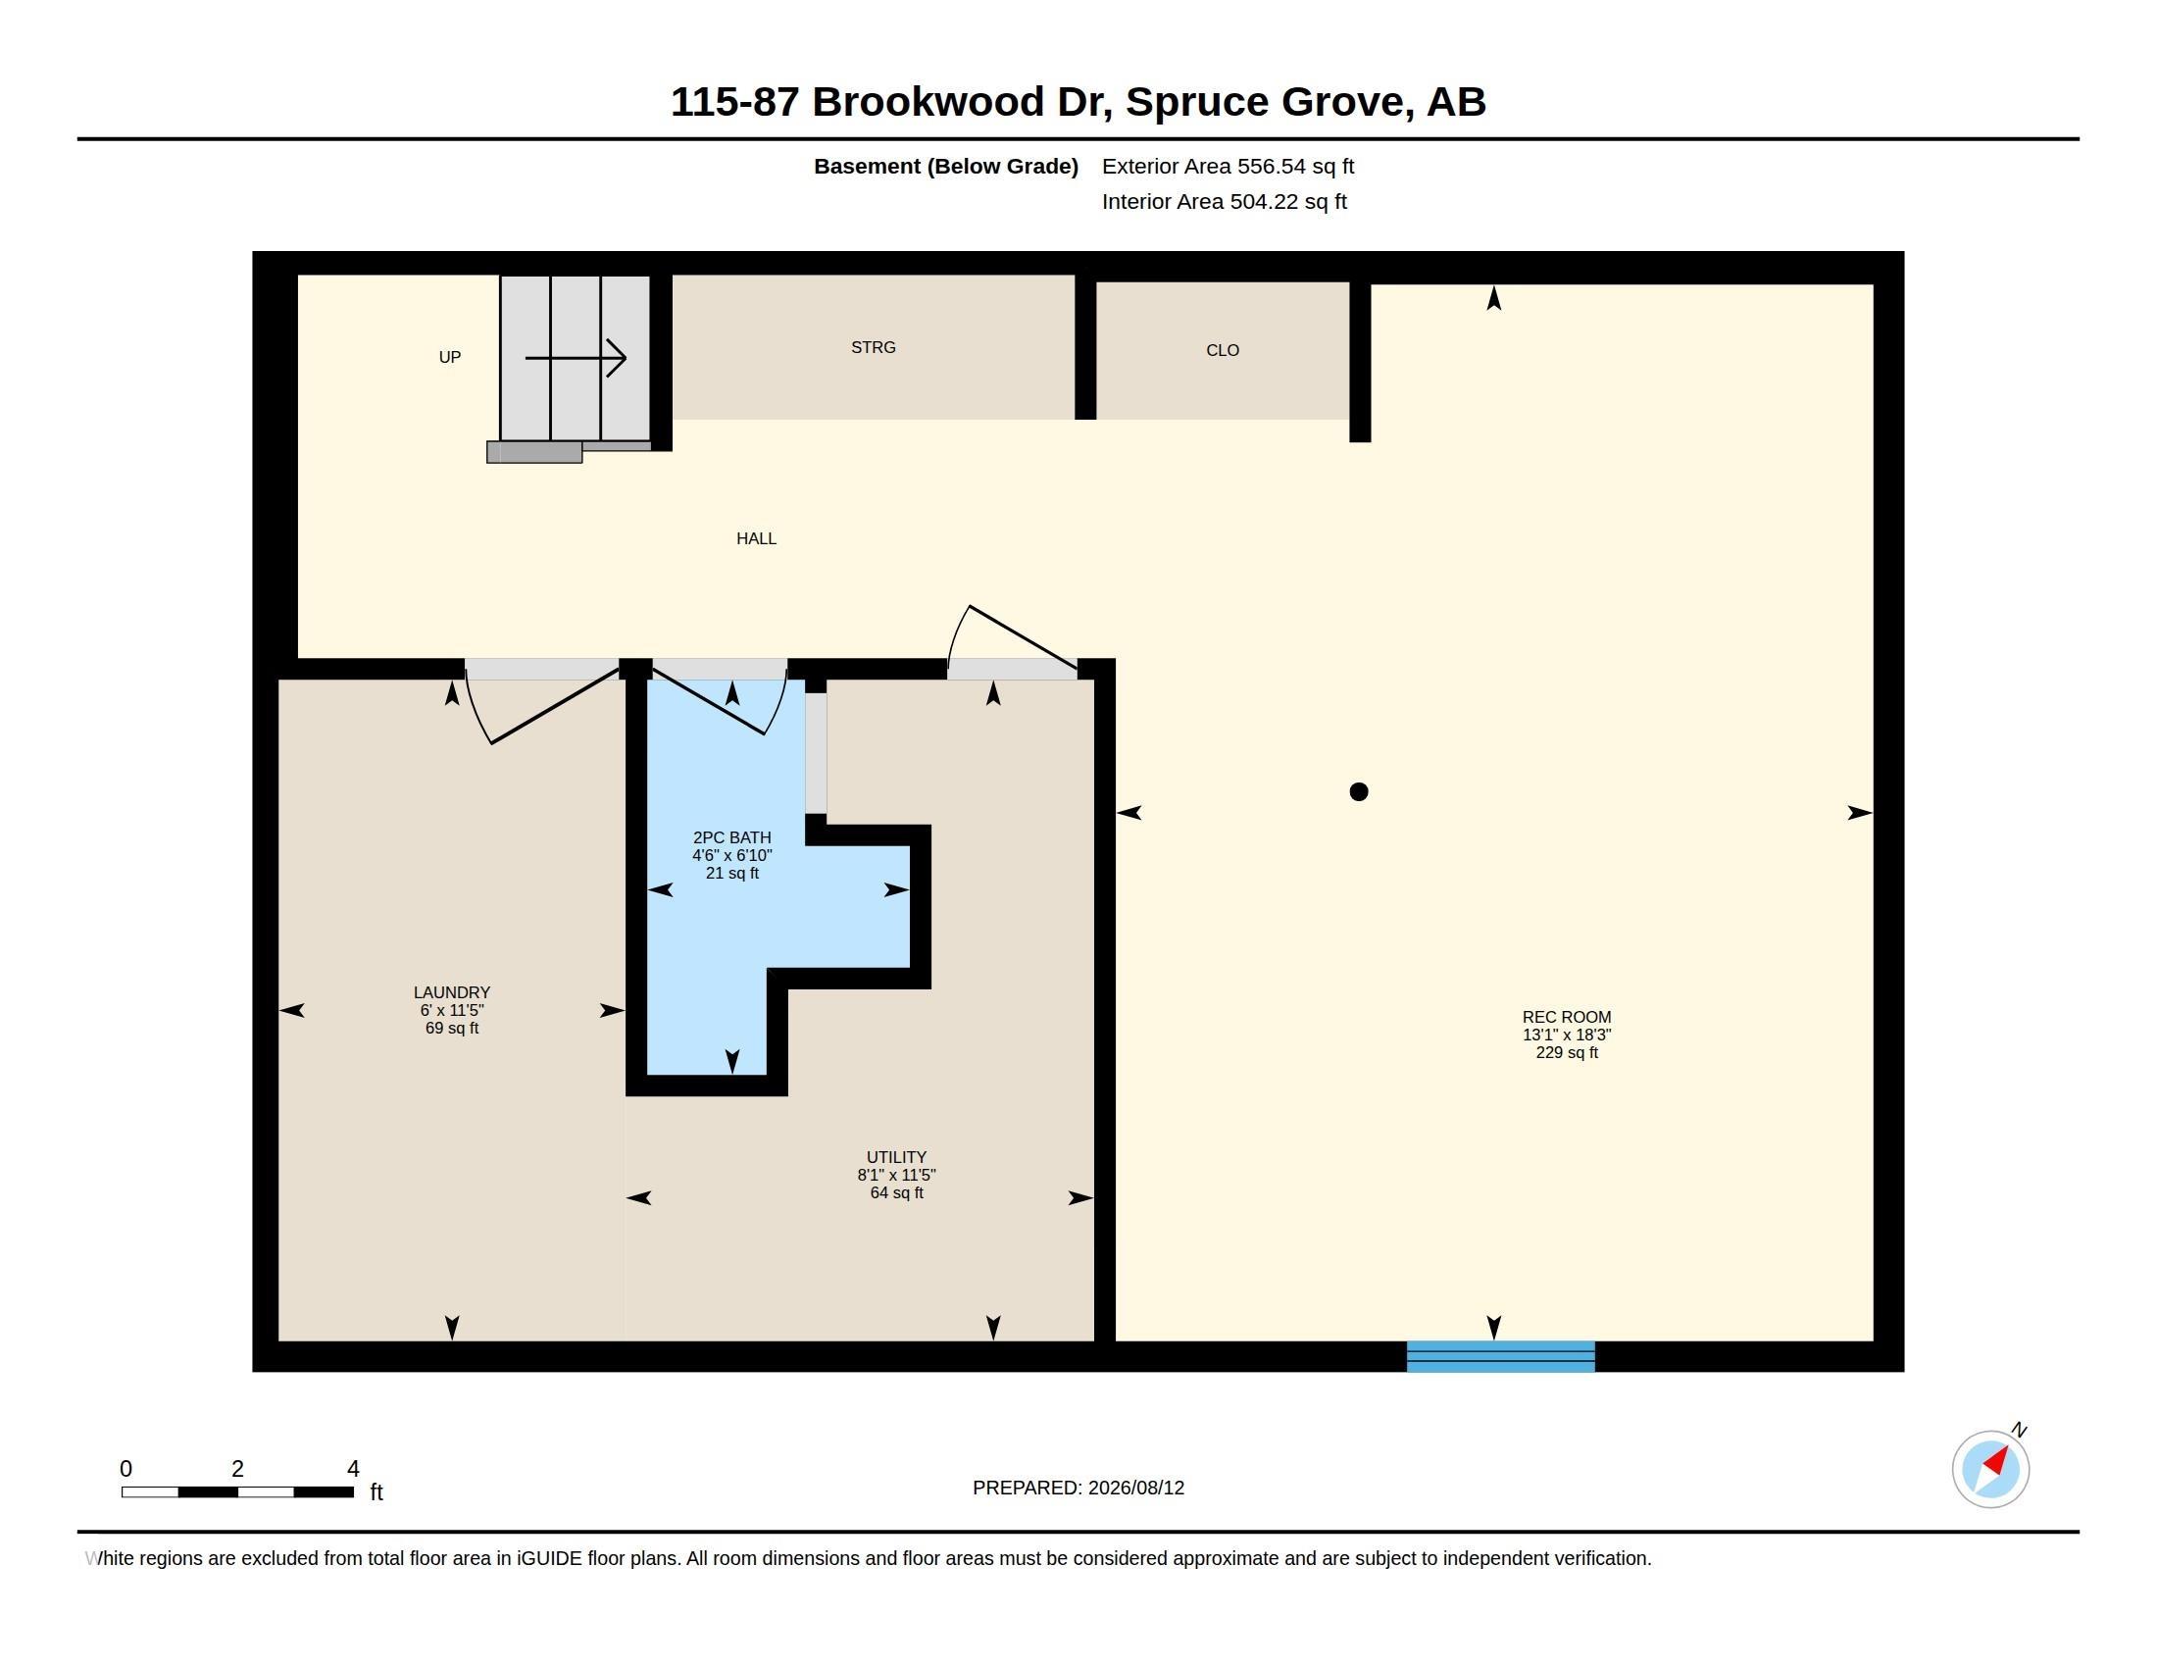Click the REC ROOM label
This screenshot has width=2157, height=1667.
click(1567, 1017)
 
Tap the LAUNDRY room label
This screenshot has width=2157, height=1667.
click(451, 992)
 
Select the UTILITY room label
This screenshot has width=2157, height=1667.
click(897, 1157)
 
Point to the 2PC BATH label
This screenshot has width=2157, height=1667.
click(731, 837)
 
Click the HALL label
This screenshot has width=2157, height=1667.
click(757, 538)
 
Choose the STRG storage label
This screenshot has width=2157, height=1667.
click(873, 348)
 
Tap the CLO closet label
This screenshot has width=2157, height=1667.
click(1223, 351)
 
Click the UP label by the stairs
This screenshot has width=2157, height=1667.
click(449, 358)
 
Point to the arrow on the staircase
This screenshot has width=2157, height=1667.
click(576, 358)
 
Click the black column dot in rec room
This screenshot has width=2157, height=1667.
click(1359, 791)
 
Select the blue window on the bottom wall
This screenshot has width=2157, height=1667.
click(1500, 1356)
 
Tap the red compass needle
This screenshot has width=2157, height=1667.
click(1997, 1461)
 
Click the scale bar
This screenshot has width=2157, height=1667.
click(237, 1491)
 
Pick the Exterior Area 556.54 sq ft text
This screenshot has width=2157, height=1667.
click(1228, 166)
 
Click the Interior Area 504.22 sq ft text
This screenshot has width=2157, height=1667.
click(1224, 201)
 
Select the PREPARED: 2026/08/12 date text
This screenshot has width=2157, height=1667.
click(1078, 1488)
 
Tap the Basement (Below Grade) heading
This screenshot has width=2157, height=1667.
click(945, 166)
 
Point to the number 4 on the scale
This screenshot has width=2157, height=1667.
click(354, 1469)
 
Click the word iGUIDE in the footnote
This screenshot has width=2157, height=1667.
click(549, 1558)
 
